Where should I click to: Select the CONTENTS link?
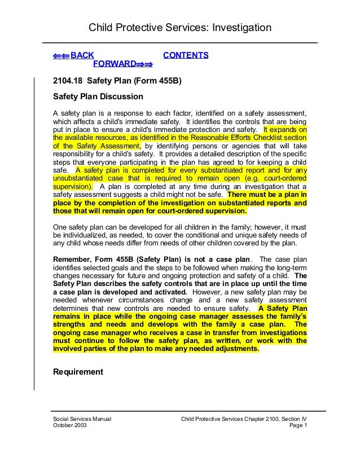click(x=186, y=55)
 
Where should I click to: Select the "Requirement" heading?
click(x=78, y=372)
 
